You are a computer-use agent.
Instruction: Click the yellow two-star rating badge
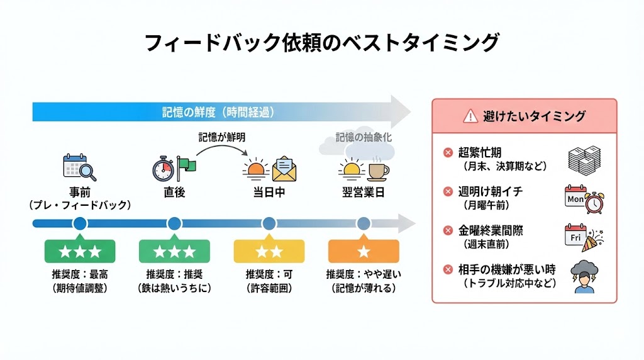click(x=269, y=252)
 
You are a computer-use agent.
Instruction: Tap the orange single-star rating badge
click(x=364, y=252)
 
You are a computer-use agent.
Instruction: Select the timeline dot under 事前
click(x=79, y=223)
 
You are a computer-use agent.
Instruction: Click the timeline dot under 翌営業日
click(x=364, y=223)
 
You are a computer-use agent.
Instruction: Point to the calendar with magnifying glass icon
click(x=79, y=168)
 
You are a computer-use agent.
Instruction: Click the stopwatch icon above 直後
click(x=162, y=169)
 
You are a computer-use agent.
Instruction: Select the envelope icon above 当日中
click(x=284, y=167)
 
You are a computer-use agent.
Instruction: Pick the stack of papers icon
click(x=584, y=159)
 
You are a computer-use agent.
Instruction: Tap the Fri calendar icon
click(x=575, y=237)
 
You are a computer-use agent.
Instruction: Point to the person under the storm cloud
click(x=584, y=284)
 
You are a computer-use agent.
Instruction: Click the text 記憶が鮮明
click(x=222, y=137)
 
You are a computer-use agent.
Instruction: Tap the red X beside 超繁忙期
click(x=448, y=152)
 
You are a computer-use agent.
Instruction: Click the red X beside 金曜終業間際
click(x=448, y=230)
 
